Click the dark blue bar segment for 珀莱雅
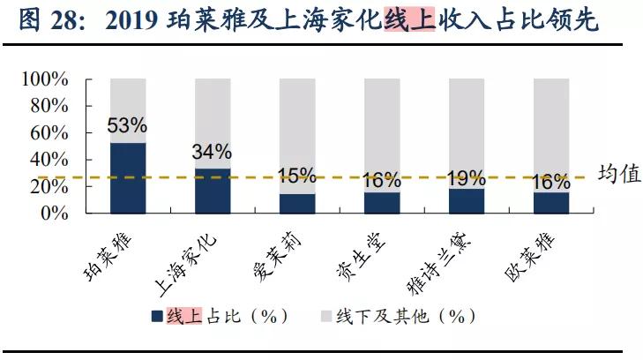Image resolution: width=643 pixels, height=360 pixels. [128, 177]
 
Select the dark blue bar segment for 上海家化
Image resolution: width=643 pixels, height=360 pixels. [213, 191]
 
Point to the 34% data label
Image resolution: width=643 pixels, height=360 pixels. [212, 152]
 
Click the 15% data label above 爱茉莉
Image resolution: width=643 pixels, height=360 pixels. [296, 176]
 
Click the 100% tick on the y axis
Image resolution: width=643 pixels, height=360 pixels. [44, 79]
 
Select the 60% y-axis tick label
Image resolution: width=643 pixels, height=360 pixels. [49, 133]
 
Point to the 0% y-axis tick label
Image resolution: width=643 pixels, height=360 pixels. [55, 214]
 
